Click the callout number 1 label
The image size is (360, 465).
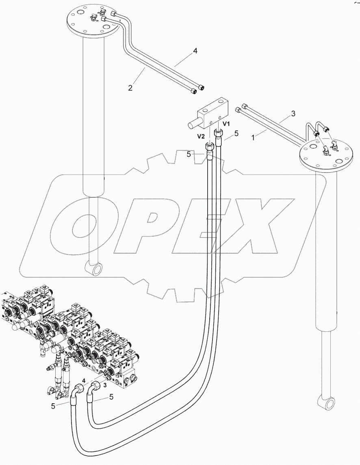(254, 138)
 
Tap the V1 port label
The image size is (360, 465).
(226, 123)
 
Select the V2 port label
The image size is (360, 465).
(201, 136)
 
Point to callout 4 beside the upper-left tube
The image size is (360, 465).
(195, 51)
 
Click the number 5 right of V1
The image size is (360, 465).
(236, 133)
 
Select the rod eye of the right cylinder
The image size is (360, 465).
(326, 403)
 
